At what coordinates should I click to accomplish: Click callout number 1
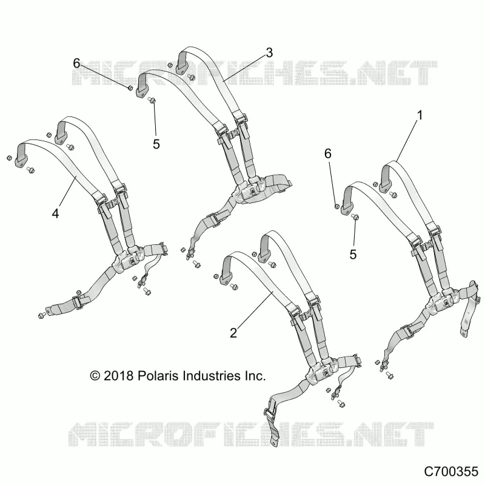(x=420, y=115)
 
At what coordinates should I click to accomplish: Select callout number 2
(x=233, y=333)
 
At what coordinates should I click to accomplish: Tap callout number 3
(x=269, y=53)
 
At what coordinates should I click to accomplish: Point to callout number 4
(x=55, y=213)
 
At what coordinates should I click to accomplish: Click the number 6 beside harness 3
(x=77, y=63)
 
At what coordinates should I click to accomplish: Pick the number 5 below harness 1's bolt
(x=353, y=254)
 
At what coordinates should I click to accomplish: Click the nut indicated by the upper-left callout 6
(x=130, y=89)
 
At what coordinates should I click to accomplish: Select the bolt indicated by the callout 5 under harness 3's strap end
(x=152, y=100)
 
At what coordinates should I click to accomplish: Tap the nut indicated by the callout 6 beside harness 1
(x=338, y=206)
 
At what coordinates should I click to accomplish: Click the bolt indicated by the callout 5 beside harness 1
(x=355, y=217)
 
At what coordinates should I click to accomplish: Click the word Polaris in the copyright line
(x=158, y=376)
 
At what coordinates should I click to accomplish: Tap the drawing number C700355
(x=451, y=472)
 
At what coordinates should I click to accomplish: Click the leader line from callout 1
(x=406, y=141)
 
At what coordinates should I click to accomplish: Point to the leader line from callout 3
(x=244, y=69)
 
